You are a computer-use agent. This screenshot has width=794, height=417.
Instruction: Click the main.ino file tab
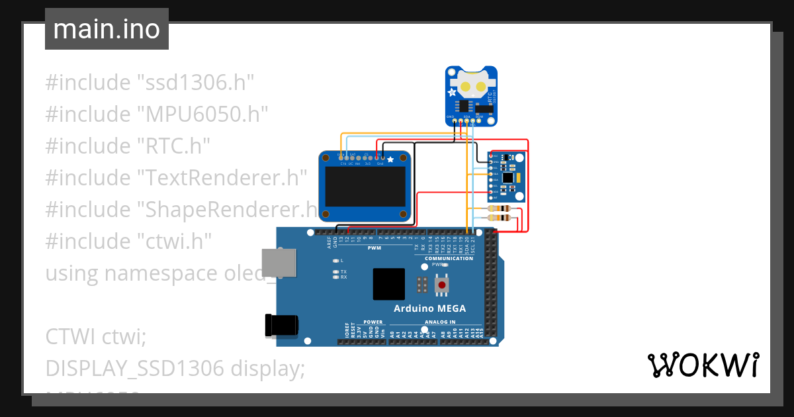tap(107, 29)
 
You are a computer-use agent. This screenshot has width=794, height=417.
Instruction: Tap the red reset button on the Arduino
tap(443, 285)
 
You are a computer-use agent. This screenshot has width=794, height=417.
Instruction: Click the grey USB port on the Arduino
tap(278, 263)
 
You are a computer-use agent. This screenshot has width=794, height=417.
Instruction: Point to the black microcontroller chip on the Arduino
tap(388, 284)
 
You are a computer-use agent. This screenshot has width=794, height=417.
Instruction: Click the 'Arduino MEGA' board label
tap(429, 308)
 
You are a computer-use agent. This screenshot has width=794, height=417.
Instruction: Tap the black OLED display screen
tap(365, 189)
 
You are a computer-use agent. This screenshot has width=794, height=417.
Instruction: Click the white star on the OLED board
tap(390, 159)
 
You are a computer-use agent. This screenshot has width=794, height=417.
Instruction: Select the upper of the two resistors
tap(498, 209)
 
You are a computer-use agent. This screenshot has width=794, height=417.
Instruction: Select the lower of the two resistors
tap(498, 217)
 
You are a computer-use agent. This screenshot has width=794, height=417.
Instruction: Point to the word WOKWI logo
tap(703, 365)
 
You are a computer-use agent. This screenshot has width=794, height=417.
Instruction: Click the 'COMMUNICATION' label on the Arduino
tap(449, 258)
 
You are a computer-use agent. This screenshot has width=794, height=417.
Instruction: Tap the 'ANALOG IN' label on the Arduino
tap(439, 322)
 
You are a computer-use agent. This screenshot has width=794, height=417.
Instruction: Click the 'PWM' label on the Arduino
tap(375, 248)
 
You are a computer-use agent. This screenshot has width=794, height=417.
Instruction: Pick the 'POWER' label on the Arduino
tap(373, 322)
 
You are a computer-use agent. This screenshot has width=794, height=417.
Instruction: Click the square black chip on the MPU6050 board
tap(507, 177)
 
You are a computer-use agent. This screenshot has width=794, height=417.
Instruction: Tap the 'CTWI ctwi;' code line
tap(95, 336)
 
